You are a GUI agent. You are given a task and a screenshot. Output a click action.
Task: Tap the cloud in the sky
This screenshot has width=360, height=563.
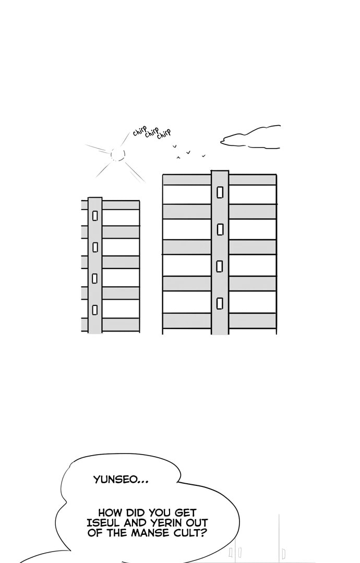[x=251, y=137]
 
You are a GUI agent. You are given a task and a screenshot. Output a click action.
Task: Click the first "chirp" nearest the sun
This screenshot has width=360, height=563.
[x=139, y=132]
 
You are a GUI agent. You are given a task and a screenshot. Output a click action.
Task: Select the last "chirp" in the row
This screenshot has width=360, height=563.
[x=164, y=133]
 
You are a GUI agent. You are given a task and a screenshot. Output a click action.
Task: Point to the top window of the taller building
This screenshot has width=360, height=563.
[x=220, y=192]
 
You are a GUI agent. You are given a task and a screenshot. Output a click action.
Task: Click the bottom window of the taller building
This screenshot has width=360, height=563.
[x=220, y=303]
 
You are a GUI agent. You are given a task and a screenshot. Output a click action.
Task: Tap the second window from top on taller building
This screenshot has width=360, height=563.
[x=220, y=230]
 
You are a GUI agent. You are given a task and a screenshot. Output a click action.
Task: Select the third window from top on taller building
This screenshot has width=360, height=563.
[x=220, y=266]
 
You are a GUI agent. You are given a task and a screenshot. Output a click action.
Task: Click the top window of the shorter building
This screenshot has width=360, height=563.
[x=95, y=216]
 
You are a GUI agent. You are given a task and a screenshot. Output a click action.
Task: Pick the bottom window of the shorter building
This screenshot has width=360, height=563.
[x=95, y=310]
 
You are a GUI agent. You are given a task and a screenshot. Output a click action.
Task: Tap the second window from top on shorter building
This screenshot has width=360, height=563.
[x=95, y=247]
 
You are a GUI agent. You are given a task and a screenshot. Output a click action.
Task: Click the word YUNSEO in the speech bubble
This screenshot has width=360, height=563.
[x=116, y=480]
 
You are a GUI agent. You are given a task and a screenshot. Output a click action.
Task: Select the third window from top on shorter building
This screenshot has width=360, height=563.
[x=95, y=278]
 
